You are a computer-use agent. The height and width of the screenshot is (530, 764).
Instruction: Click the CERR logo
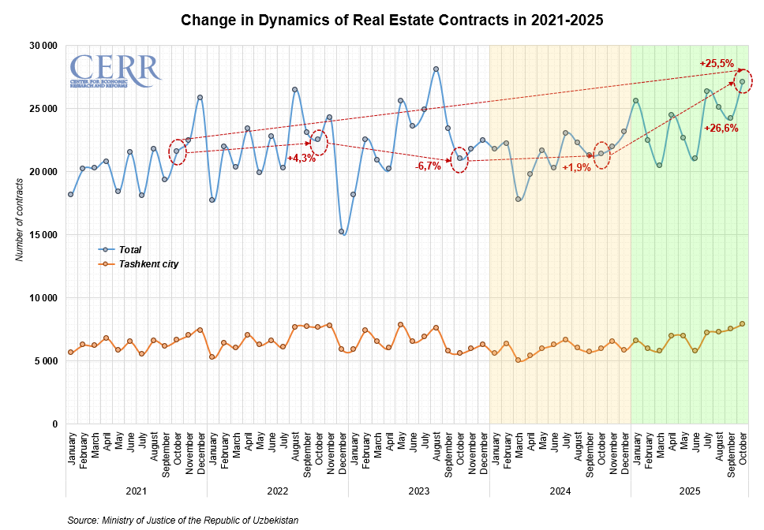(115, 71)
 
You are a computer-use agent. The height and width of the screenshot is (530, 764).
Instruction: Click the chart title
(392, 21)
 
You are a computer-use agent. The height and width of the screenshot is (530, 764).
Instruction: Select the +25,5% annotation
(717, 63)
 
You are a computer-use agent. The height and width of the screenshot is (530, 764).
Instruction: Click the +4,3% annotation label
(301, 158)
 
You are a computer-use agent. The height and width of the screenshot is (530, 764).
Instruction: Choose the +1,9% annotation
(575, 168)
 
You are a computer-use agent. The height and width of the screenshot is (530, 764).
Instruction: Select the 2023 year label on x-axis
(418, 491)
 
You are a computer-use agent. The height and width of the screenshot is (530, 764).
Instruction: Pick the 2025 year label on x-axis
(689, 491)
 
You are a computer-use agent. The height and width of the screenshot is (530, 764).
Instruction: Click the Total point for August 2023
(436, 69)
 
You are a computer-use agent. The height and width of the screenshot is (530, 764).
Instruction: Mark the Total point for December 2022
(342, 232)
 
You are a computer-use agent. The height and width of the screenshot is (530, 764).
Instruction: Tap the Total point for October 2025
(743, 81)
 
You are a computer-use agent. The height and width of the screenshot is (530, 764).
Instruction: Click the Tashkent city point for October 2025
(743, 324)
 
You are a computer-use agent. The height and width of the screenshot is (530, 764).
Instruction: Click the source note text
(183, 521)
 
